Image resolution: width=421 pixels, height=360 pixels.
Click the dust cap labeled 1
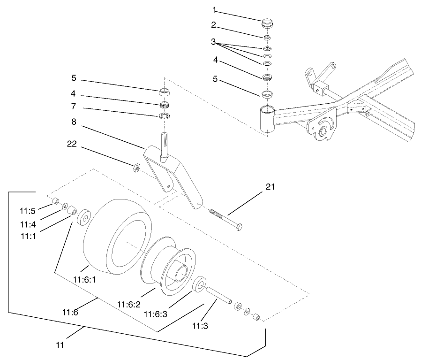coord(268,23)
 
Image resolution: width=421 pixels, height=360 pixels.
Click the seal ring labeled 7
coord(164,115)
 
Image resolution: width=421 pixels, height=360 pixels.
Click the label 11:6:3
coord(156,314)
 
